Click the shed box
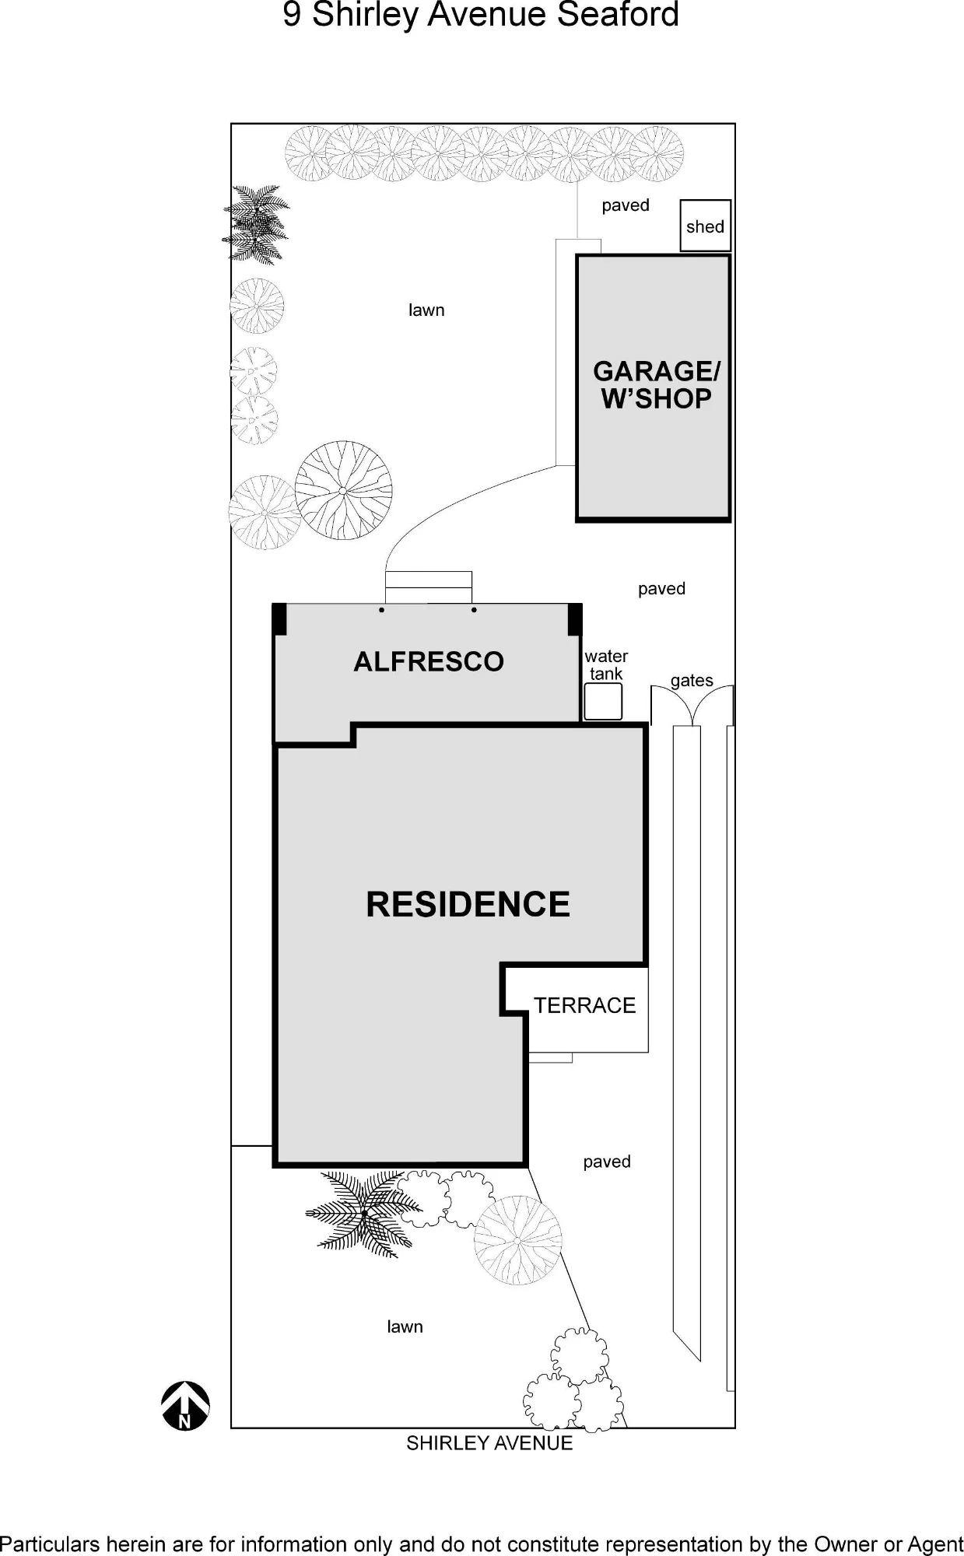pyautogui.click(x=705, y=226)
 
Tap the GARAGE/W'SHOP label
pyautogui.click(x=656, y=385)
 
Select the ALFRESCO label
pyautogui.click(x=429, y=661)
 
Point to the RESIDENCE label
pyautogui.click(x=468, y=904)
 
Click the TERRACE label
pyautogui.click(x=584, y=1005)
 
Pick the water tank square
pyautogui.click(x=603, y=701)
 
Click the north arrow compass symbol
pyautogui.click(x=185, y=1406)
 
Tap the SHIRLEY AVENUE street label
pyautogui.click(x=489, y=1443)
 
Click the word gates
pyautogui.click(x=692, y=681)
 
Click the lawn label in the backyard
pyautogui.click(x=426, y=310)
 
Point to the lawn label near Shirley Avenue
pyautogui.click(x=405, y=1326)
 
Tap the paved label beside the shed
pyautogui.click(x=626, y=205)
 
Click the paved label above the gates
pyautogui.click(x=661, y=589)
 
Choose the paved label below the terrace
pyautogui.click(x=607, y=1162)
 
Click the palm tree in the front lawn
pyautogui.click(x=364, y=1213)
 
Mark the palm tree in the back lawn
pyautogui.click(x=255, y=224)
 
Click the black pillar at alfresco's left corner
pyautogui.click(x=279, y=620)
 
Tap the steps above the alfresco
pyautogui.click(x=429, y=587)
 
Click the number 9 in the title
pyautogui.click(x=292, y=15)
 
